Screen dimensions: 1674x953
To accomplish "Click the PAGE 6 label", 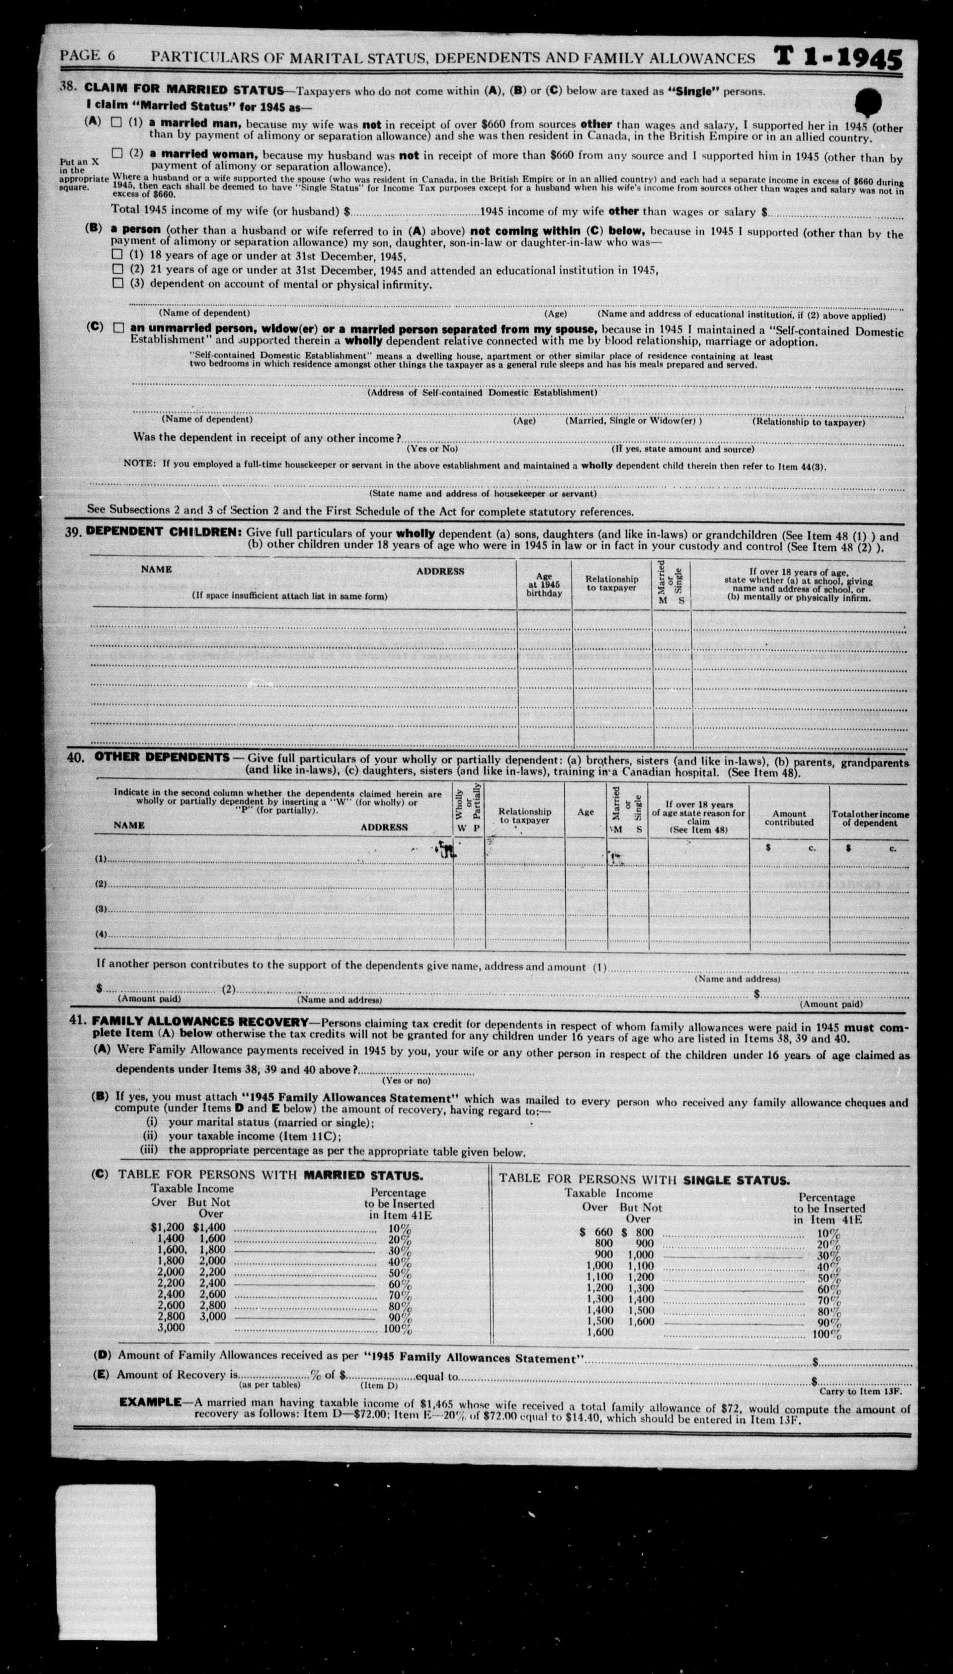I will click(x=88, y=56).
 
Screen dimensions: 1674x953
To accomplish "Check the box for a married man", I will click(x=116, y=122).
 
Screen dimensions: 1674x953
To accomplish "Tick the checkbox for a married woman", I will click(x=116, y=153).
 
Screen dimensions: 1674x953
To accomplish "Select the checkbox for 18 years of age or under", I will click(x=117, y=254).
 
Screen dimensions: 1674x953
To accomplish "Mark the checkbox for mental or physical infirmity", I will click(x=117, y=283).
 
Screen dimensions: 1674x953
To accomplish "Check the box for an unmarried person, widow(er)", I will click(x=117, y=328).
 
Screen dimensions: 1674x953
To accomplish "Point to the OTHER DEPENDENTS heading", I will click(x=162, y=757).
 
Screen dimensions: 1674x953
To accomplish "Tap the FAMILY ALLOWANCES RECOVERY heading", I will click(x=200, y=1021).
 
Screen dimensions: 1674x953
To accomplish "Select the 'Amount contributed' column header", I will click(x=789, y=818).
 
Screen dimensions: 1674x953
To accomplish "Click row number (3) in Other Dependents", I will click(x=102, y=909).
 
